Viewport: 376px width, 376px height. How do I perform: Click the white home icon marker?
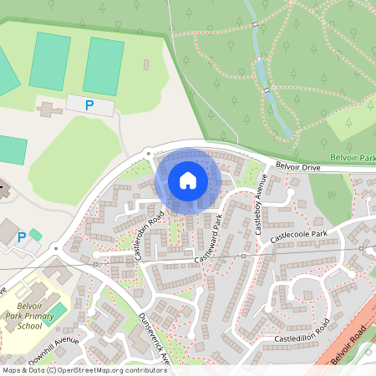point(188,180)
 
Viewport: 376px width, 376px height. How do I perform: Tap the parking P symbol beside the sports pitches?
point(89,105)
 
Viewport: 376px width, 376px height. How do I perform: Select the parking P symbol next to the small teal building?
point(22,238)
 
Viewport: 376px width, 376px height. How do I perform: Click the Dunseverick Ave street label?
point(155,338)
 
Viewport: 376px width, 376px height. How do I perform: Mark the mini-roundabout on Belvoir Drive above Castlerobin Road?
point(148,153)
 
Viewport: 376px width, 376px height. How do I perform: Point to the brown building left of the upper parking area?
point(48,108)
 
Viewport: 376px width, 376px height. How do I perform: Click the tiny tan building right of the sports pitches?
point(146,64)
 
